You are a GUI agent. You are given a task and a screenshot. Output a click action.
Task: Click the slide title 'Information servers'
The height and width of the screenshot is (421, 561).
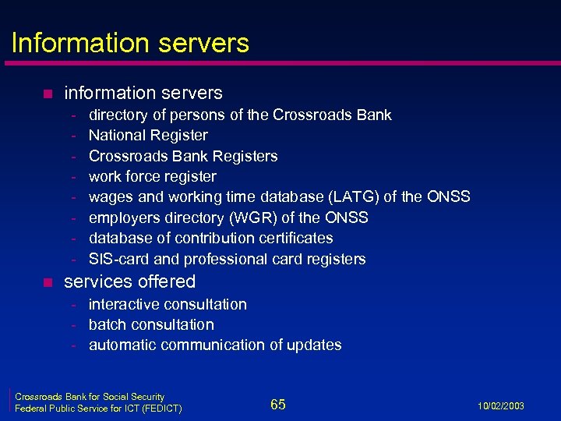pos(130,42)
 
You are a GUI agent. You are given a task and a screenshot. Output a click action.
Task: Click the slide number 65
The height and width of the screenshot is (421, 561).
pos(278,404)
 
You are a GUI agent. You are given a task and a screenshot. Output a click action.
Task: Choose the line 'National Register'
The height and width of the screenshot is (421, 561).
pos(148,136)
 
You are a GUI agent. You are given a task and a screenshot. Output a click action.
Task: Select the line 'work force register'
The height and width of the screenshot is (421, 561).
pos(152,176)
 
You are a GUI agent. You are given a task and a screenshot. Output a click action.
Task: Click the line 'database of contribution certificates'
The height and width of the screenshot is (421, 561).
pos(210,238)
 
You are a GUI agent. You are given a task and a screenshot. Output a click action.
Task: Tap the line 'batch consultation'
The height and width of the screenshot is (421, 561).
pos(151,324)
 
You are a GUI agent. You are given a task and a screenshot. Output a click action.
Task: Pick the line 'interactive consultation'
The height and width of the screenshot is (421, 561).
pos(168,304)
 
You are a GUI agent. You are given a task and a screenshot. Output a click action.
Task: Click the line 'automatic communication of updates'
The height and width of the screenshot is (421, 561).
pos(215,345)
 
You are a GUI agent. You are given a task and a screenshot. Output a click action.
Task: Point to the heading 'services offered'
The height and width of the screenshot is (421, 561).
pos(129,281)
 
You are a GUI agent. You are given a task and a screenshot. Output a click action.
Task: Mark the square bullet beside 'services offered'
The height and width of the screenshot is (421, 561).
pos(47,282)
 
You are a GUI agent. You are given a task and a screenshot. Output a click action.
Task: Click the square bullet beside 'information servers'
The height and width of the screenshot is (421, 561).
pos(47,94)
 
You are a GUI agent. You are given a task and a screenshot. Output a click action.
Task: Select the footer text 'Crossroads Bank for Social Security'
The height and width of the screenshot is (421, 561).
pos(90,397)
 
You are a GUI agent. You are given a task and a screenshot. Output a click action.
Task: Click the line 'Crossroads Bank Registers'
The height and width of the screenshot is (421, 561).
pos(183,156)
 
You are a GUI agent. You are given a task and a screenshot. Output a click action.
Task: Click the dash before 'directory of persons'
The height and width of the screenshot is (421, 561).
pos(72,115)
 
